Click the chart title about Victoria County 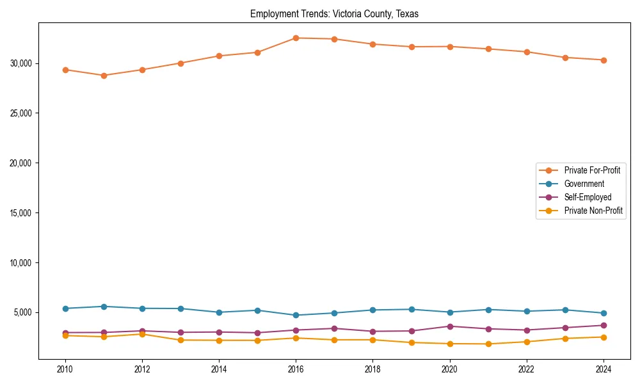coord(334,14)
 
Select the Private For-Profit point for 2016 coord(296,38)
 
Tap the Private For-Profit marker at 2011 coord(104,76)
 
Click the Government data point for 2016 coord(296,316)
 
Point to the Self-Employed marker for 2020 coord(450,326)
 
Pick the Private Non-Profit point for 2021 coord(488,344)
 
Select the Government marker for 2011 coord(104,307)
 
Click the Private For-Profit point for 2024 coord(604,60)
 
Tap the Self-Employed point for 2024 coord(604,326)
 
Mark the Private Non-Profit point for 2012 coord(142,334)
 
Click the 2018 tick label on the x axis coord(372,369)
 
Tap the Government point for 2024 coord(604,314)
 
